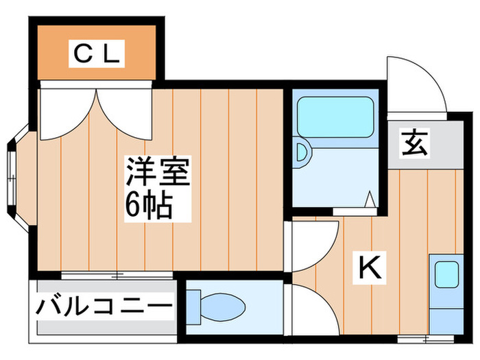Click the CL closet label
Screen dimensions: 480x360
click(97, 53)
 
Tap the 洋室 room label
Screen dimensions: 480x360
click(158, 171)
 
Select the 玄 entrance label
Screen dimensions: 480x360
click(414, 143)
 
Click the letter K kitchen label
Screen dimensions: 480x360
click(370, 267)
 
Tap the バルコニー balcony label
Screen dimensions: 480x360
click(104, 306)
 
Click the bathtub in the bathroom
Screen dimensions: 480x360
click(335, 117)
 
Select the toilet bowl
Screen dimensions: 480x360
click(223, 307)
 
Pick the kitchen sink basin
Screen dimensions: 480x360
click(446, 274)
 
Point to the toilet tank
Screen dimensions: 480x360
click(193, 307)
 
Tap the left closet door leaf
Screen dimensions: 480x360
click(69, 115)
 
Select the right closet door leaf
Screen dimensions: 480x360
click(125, 115)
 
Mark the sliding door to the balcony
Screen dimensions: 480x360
click(117, 275)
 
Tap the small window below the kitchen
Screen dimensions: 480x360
click(426, 339)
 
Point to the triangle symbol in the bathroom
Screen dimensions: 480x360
click(370, 199)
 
